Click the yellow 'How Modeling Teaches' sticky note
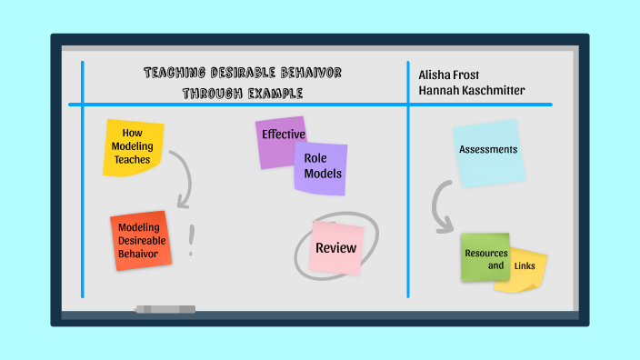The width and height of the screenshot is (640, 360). click(133, 145)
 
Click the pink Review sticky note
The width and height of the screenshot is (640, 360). click(335, 248)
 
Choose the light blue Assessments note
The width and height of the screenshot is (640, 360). click(488, 152)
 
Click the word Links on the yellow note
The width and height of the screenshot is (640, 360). click(525, 265)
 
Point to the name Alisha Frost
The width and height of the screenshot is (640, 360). click(450, 75)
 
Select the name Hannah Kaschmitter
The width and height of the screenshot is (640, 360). click(472, 90)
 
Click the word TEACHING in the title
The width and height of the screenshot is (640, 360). click(179, 73)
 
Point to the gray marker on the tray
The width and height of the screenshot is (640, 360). click(165, 310)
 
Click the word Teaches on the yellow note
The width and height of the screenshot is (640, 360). click(133, 159)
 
